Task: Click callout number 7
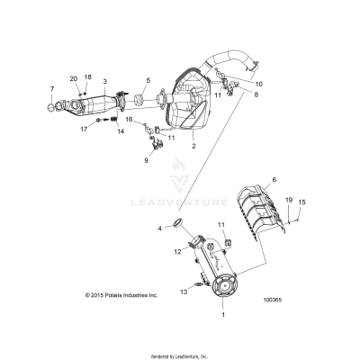(52, 89)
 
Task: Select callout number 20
(74, 78)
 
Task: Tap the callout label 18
(87, 78)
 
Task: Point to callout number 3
(105, 82)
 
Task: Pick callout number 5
(148, 81)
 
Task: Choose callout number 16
(129, 119)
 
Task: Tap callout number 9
(146, 160)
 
